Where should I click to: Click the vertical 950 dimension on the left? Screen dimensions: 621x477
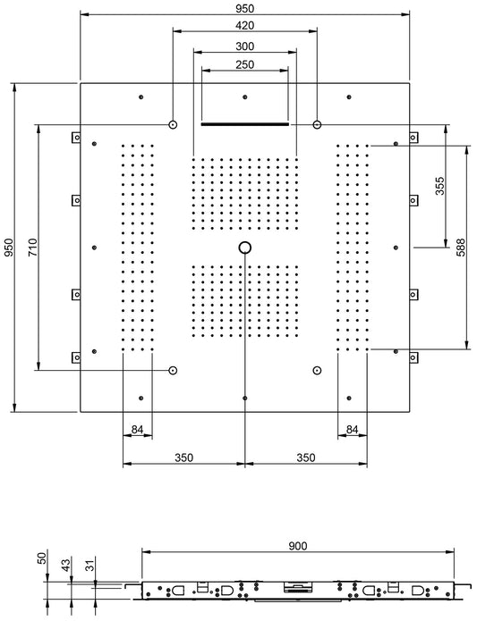9,248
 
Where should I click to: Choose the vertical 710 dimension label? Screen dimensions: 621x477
33,248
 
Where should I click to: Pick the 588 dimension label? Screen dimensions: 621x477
461,248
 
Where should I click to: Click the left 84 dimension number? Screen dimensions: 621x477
137,430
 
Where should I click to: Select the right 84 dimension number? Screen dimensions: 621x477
353,430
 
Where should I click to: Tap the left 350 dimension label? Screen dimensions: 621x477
183,457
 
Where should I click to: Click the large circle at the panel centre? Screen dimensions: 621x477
245,248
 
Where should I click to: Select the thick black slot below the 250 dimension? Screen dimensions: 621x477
245,125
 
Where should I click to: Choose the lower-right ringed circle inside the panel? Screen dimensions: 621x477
317,370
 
